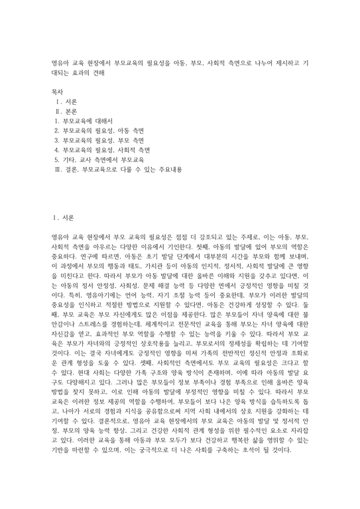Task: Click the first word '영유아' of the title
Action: click(62, 60)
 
